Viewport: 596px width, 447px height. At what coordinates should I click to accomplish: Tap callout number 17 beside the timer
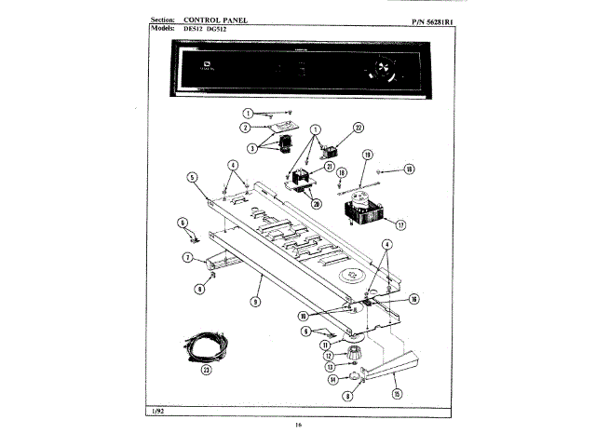click(x=401, y=224)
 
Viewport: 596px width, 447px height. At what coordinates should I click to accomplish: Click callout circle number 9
click(x=254, y=301)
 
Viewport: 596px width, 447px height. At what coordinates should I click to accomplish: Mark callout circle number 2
click(x=245, y=127)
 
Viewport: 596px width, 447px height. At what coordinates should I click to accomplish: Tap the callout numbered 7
click(x=187, y=257)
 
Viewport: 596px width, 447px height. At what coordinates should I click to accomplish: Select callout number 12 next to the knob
click(x=328, y=355)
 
